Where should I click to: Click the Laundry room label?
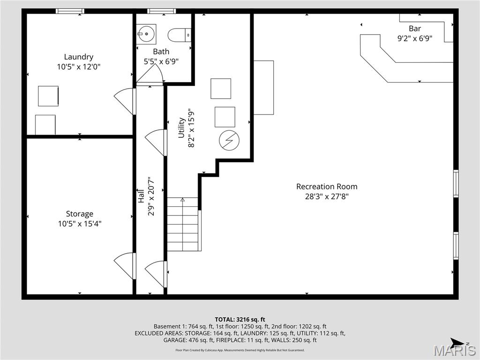pyautogui.click(x=79, y=57)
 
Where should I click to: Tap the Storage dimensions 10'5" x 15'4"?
pyautogui.click(x=80, y=224)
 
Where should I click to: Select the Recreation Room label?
pyautogui.click(x=326, y=187)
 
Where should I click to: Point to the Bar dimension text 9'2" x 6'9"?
pyautogui.click(x=414, y=39)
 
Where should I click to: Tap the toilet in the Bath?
pyautogui.click(x=180, y=34)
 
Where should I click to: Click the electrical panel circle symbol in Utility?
pyautogui.click(x=229, y=140)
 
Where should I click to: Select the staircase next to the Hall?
pyautogui.click(x=183, y=225)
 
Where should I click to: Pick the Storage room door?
pyautogui.click(x=125, y=265)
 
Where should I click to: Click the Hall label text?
pyautogui.click(x=140, y=195)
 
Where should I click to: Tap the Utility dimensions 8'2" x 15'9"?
pyautogui.click(x=191, y=128)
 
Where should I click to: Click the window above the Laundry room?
pyautogui.click(x=70, y=11)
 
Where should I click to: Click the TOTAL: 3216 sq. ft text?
pyautogui.click(x=240, y=320)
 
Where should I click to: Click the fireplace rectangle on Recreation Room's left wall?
pyautogui.click(x=263, y=87)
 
